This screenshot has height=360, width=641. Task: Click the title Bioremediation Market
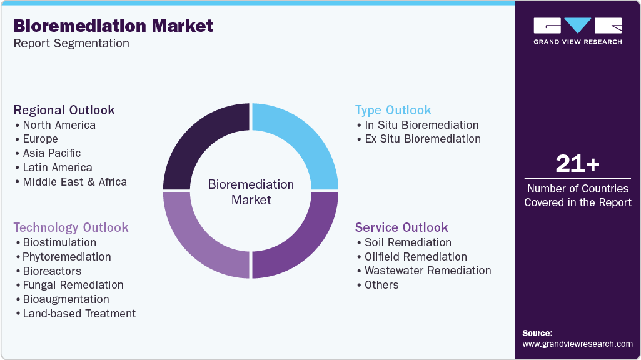(113, 26)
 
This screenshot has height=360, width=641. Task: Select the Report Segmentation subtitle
(71, 44)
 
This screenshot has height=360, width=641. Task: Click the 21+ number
(577, 164)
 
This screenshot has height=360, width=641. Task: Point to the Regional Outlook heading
(64, 110)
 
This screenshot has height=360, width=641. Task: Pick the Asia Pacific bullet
(51, 152)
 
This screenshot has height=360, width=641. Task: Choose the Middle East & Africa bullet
(74, 182)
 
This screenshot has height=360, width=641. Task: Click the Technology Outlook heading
(71, 227)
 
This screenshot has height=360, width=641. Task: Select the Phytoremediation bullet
(66, 257)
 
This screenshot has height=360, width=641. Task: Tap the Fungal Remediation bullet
(73, 285)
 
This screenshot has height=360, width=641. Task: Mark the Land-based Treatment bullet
(79, 314)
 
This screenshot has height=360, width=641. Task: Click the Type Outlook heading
(393, 110)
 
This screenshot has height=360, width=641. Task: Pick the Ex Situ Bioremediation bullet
(422, 139)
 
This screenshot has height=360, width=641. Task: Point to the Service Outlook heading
(401, 227)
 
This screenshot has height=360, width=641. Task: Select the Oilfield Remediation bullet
(415, 257)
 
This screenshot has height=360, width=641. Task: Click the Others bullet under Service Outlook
(381, 285)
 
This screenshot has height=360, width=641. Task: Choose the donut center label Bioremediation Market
(251, 192)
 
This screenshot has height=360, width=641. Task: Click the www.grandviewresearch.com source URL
(577, 344)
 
